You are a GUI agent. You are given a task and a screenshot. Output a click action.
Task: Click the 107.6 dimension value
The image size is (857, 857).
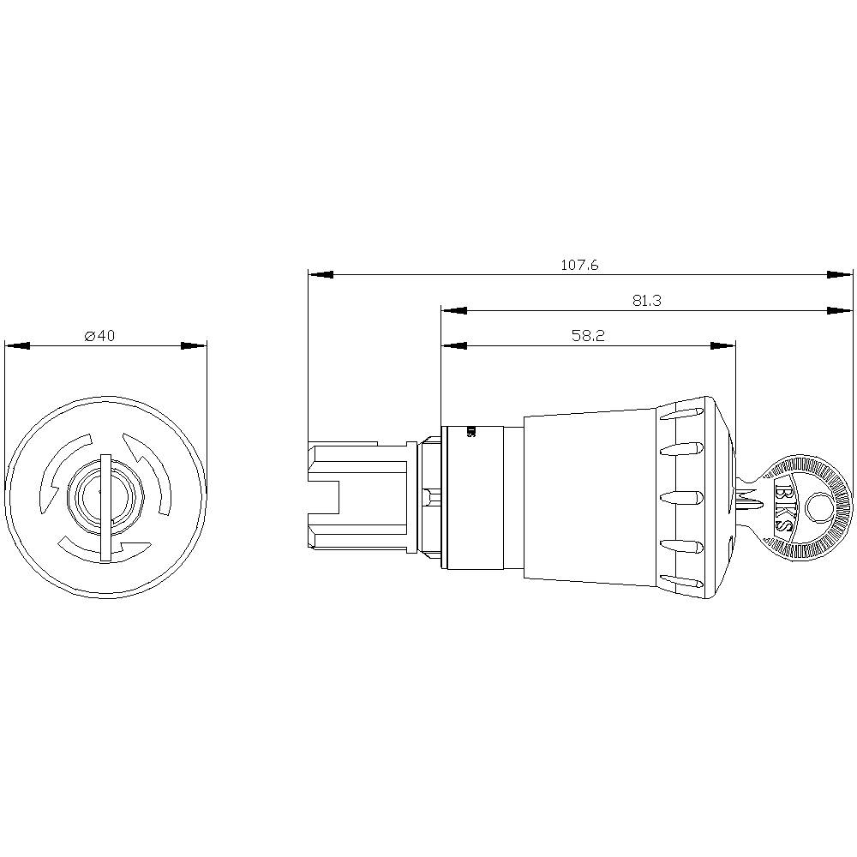click(x=579, y=266)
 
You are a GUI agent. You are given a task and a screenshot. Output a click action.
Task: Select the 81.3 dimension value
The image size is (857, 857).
click(x=647, y=300)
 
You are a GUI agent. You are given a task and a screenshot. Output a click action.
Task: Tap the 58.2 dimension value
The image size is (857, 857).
click(x=588, y=336)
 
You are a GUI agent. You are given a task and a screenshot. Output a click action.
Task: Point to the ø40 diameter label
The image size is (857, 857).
click(x=99, y=336)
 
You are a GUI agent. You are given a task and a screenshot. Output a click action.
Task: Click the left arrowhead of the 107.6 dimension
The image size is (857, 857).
click(x=320, y=275)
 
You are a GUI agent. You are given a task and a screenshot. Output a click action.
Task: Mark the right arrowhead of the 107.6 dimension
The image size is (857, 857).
click(x=841, y=275)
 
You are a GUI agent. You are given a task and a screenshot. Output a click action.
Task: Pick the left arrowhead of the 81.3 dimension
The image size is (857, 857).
click(x=453, y=310)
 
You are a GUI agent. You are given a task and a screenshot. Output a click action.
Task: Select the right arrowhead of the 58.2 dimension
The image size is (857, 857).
click(x=724, y=346)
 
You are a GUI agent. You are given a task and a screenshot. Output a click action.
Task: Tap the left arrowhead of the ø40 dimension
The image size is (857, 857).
click(x=17, y=346)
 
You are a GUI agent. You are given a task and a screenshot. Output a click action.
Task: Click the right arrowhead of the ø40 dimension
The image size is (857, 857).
click(x=195, y=346)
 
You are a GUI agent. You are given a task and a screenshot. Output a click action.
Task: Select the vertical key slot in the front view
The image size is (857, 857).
click(x=105, y=507)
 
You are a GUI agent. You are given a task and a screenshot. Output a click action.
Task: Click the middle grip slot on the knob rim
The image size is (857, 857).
click(x=683, y=496)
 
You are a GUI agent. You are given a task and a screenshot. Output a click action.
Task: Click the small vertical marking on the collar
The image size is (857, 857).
click(x=470, y=432)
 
